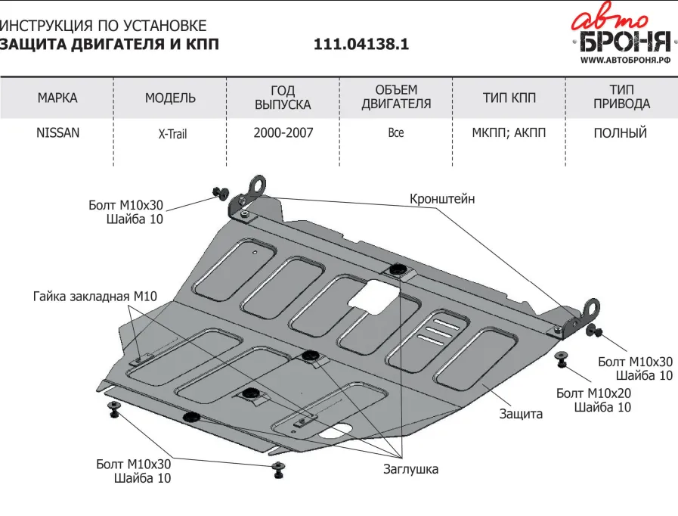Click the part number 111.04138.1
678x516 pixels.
361,44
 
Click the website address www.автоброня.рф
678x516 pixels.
626,60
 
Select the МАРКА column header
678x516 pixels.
57,98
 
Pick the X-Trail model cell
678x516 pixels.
172,134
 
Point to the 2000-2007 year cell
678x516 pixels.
283,132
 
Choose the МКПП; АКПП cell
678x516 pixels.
509,132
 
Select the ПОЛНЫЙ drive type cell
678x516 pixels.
621,133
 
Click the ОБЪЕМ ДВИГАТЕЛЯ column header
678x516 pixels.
396,97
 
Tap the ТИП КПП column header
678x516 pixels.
509,98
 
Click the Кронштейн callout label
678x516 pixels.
442,200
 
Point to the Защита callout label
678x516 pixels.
521,414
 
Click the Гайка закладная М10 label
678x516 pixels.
94,296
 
